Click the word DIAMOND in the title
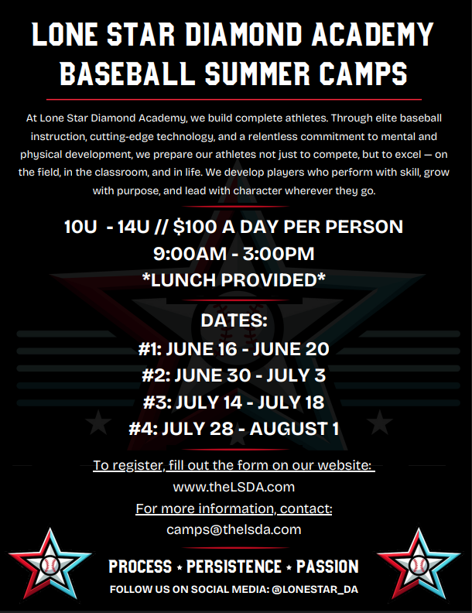tap(244, 34)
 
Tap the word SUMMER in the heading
tap(258, 73)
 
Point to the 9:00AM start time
tap(190, 254)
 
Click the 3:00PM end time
tap(279, 254)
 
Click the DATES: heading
tap(234, 320)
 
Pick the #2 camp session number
tap(156, 375)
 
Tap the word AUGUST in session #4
tap(289, 429)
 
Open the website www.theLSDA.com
tap(234, 487)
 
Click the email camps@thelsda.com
tap(234, 529)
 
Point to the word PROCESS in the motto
tap(140, 567)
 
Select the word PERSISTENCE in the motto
tap(234, 567)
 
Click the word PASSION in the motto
tap(327, 567)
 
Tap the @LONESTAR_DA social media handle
tap(315, 590)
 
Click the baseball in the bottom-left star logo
tap(50, 565)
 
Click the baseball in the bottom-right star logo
tap(419, 565)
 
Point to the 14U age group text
tap(133, 227)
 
